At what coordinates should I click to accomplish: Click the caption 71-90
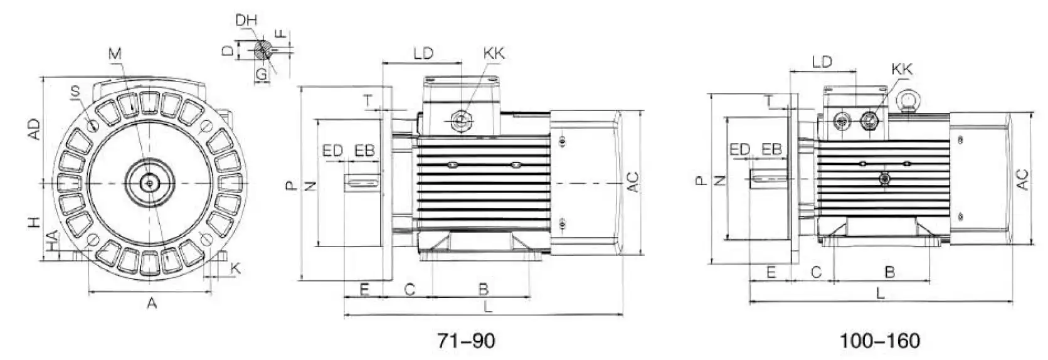(x=466, y=341)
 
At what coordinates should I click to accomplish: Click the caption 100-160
(x=880, y=341)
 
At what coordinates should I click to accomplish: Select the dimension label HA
(x=53, y=241)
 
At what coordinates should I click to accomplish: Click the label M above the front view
(x=115, y=55)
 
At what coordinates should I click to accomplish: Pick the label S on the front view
(x=75, y=92)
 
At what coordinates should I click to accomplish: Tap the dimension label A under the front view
(x=152, y=304)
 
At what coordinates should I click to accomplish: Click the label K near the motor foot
(x=236, y=268)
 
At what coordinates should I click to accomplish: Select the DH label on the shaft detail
(x=246, y=20)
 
